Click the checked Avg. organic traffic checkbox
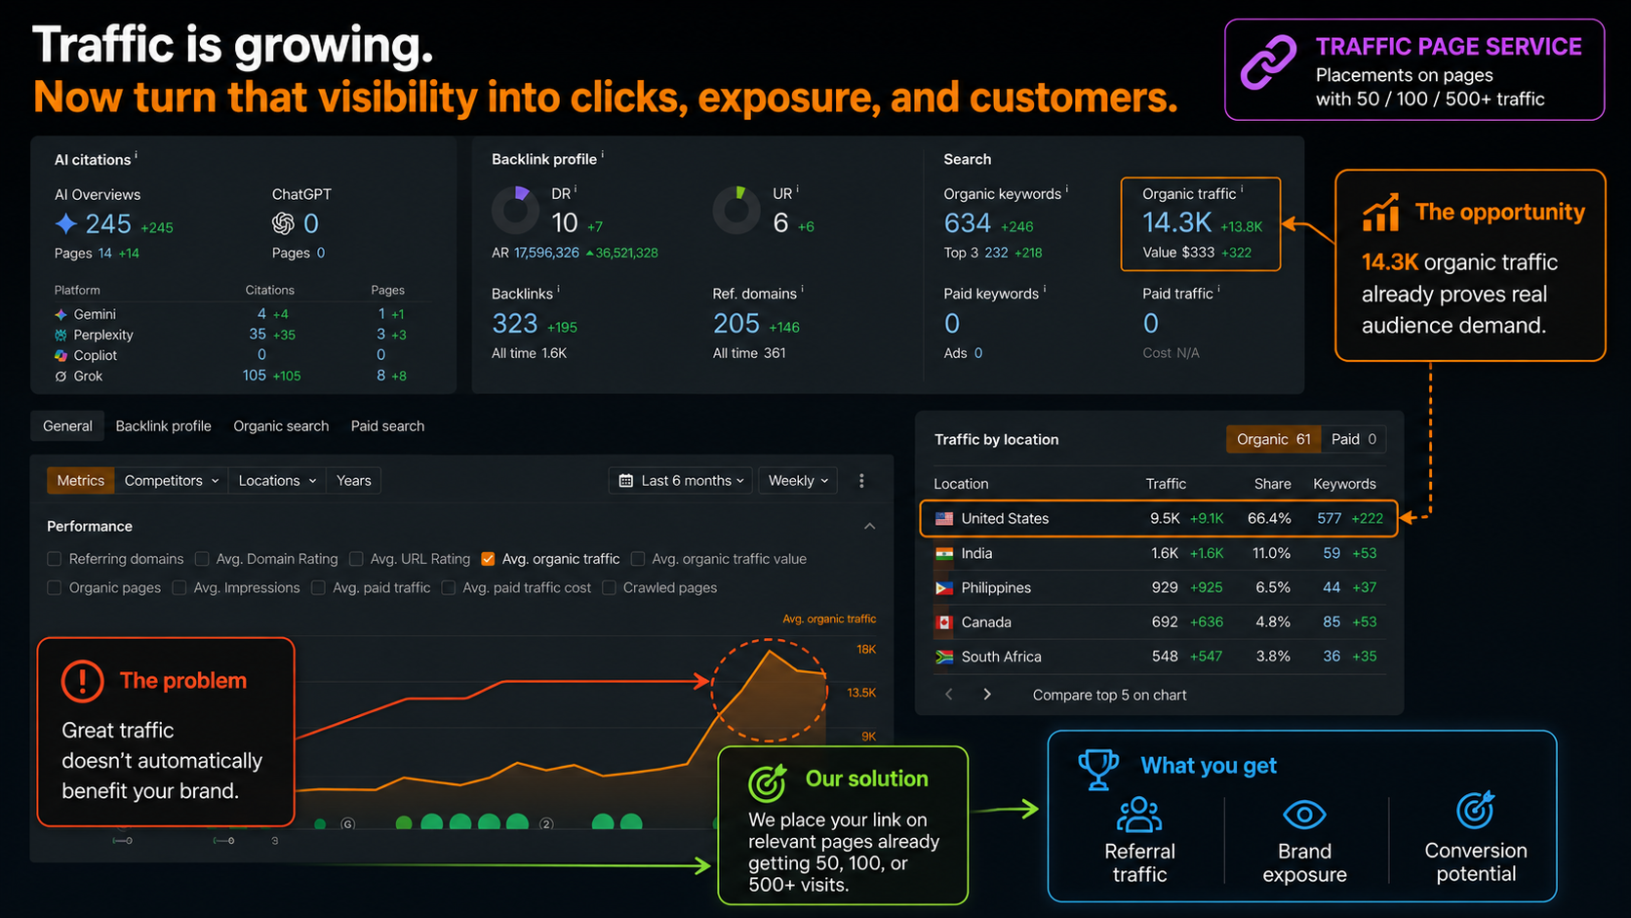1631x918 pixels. pyautogui.click(x=488, y=559)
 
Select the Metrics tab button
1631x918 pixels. pyautogui.click(x=81, y=481)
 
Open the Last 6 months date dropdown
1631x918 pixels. pyautogui.click(x=681, y=481)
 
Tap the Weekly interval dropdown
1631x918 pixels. pyautogui.click(x=798, y=481)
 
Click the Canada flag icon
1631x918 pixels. pyautogui.click(x=944, y=622)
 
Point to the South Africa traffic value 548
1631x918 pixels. pyautogui.click(x=1165, y=657)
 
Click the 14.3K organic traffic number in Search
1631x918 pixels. pyautogui.click(x=1176, y=222)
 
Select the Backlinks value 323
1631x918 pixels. pyautogui.click(x=515, y=323)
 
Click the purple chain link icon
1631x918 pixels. pyautogui.click(x=1268, y=62)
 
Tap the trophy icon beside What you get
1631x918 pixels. pyautogui.click(x=1098, y=770)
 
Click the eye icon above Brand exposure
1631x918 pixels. pyautogui.click(x=1304, y=815)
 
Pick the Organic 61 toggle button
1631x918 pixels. pyautogui.click(x=1274, y=440)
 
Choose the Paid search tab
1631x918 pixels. pyautogui.click(x=387, y=426)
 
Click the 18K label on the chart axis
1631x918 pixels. pyautogui.click(x=866, y=650)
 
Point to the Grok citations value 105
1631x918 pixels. pyautogui.click(x=255, y=376)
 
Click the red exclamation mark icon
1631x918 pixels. pyautogui.click(x=82, y=681)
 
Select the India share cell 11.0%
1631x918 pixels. pyautogui.click(x=1271, y=553)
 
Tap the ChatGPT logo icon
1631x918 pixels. pyautogui.click(x=283, y=223)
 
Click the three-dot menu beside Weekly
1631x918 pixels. pyautogui.click(x=861, y=481)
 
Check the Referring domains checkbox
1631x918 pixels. pyautogui.click(x=54, y=559)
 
